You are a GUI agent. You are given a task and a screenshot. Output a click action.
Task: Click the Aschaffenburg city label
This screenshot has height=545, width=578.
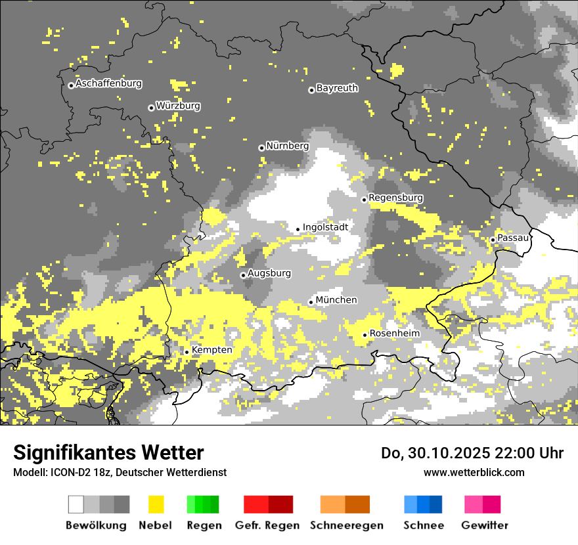(x=108, y=84)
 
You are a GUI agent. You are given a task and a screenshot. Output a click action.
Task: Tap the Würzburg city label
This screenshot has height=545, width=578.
(x=178, y=106)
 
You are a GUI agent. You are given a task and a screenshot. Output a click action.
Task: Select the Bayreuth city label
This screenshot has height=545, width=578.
(x=337, y=88)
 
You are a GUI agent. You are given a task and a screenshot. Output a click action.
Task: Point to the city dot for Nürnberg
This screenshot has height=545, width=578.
(x=261, y=148)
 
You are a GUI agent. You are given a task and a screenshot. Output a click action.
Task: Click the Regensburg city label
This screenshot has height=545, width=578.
(x=395, y=198)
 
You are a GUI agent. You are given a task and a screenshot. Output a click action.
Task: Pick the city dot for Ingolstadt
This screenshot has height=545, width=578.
(x=298, y=229)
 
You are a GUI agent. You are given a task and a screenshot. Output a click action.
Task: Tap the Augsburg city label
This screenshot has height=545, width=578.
(x=269, y=273)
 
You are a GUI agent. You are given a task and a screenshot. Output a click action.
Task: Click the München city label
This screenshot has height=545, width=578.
(x=336, y=300)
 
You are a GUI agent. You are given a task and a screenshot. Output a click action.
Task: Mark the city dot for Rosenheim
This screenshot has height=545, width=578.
(x=365, y=336)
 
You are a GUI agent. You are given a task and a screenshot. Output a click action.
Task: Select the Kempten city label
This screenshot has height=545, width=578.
(x=212, y=350)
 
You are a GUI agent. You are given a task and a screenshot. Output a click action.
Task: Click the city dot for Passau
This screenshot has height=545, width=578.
(x=493, y=240)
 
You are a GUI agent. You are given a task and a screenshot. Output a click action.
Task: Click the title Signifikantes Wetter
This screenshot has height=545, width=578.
(x=108, y=452)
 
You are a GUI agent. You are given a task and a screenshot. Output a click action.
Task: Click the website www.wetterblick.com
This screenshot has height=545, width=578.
(x=474, y=472)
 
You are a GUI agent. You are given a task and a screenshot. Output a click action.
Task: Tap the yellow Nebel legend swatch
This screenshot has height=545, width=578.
(x=156, y=504)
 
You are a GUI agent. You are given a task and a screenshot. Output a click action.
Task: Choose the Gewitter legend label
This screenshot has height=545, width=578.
(x=484, y=525)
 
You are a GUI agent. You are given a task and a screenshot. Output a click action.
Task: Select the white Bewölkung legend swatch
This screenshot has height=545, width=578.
(x=76, y=504)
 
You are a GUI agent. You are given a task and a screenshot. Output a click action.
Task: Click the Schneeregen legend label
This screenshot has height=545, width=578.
(x=347, y=525)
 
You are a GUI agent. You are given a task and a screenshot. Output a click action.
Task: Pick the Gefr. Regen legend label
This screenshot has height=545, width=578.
(x=267, y=525)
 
